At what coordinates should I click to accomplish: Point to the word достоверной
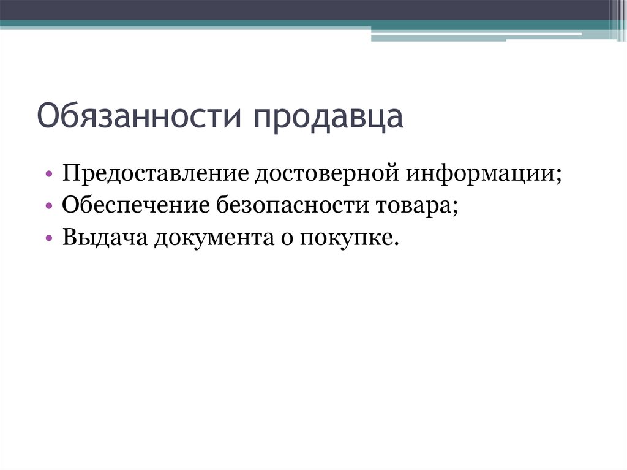327,173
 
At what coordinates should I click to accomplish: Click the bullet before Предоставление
48,175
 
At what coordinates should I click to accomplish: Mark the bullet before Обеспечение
48,206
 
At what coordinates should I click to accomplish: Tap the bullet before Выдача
48,238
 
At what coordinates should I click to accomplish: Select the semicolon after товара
456,208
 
